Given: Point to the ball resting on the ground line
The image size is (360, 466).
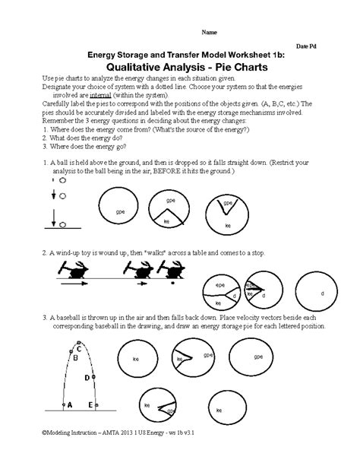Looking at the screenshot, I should tap(61, 224).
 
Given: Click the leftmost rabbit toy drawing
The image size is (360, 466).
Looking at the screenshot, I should tap(79, 270).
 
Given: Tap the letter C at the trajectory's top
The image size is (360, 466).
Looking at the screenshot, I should tap(80, 348).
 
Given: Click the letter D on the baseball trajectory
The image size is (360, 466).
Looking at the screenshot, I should tap(87, 377).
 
